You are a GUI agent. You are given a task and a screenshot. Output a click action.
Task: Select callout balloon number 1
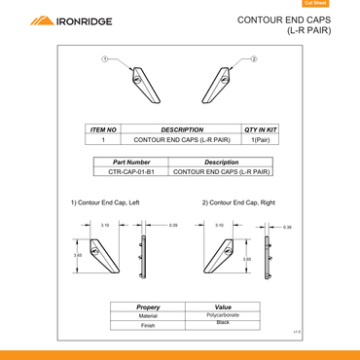point(105,60)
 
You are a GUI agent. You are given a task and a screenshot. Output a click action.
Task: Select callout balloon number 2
point(254,60)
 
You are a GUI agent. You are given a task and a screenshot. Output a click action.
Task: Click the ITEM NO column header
point(103,129)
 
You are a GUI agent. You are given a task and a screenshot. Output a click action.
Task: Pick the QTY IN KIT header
point(260,129)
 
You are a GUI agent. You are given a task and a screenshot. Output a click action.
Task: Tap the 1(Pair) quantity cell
point(260,140)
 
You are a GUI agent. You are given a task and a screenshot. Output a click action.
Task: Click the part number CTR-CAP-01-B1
point(131,171)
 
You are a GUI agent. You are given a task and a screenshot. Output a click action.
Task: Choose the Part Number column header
point(131,162)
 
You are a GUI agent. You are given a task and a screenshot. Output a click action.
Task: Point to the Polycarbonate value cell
point(223,315)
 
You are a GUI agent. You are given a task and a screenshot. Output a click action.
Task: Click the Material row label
point(148,316)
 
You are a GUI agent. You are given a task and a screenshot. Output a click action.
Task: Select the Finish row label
point(148,326)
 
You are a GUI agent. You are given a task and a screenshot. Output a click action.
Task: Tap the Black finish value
point(223,322)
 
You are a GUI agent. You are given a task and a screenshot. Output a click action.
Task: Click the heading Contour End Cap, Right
point(238,202)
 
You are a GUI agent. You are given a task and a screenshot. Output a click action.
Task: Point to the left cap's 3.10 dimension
point(104,225)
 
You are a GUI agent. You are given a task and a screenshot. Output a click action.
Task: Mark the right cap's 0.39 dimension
point(287,227)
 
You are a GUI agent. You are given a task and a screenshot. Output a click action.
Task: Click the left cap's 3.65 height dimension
point(78,255)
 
